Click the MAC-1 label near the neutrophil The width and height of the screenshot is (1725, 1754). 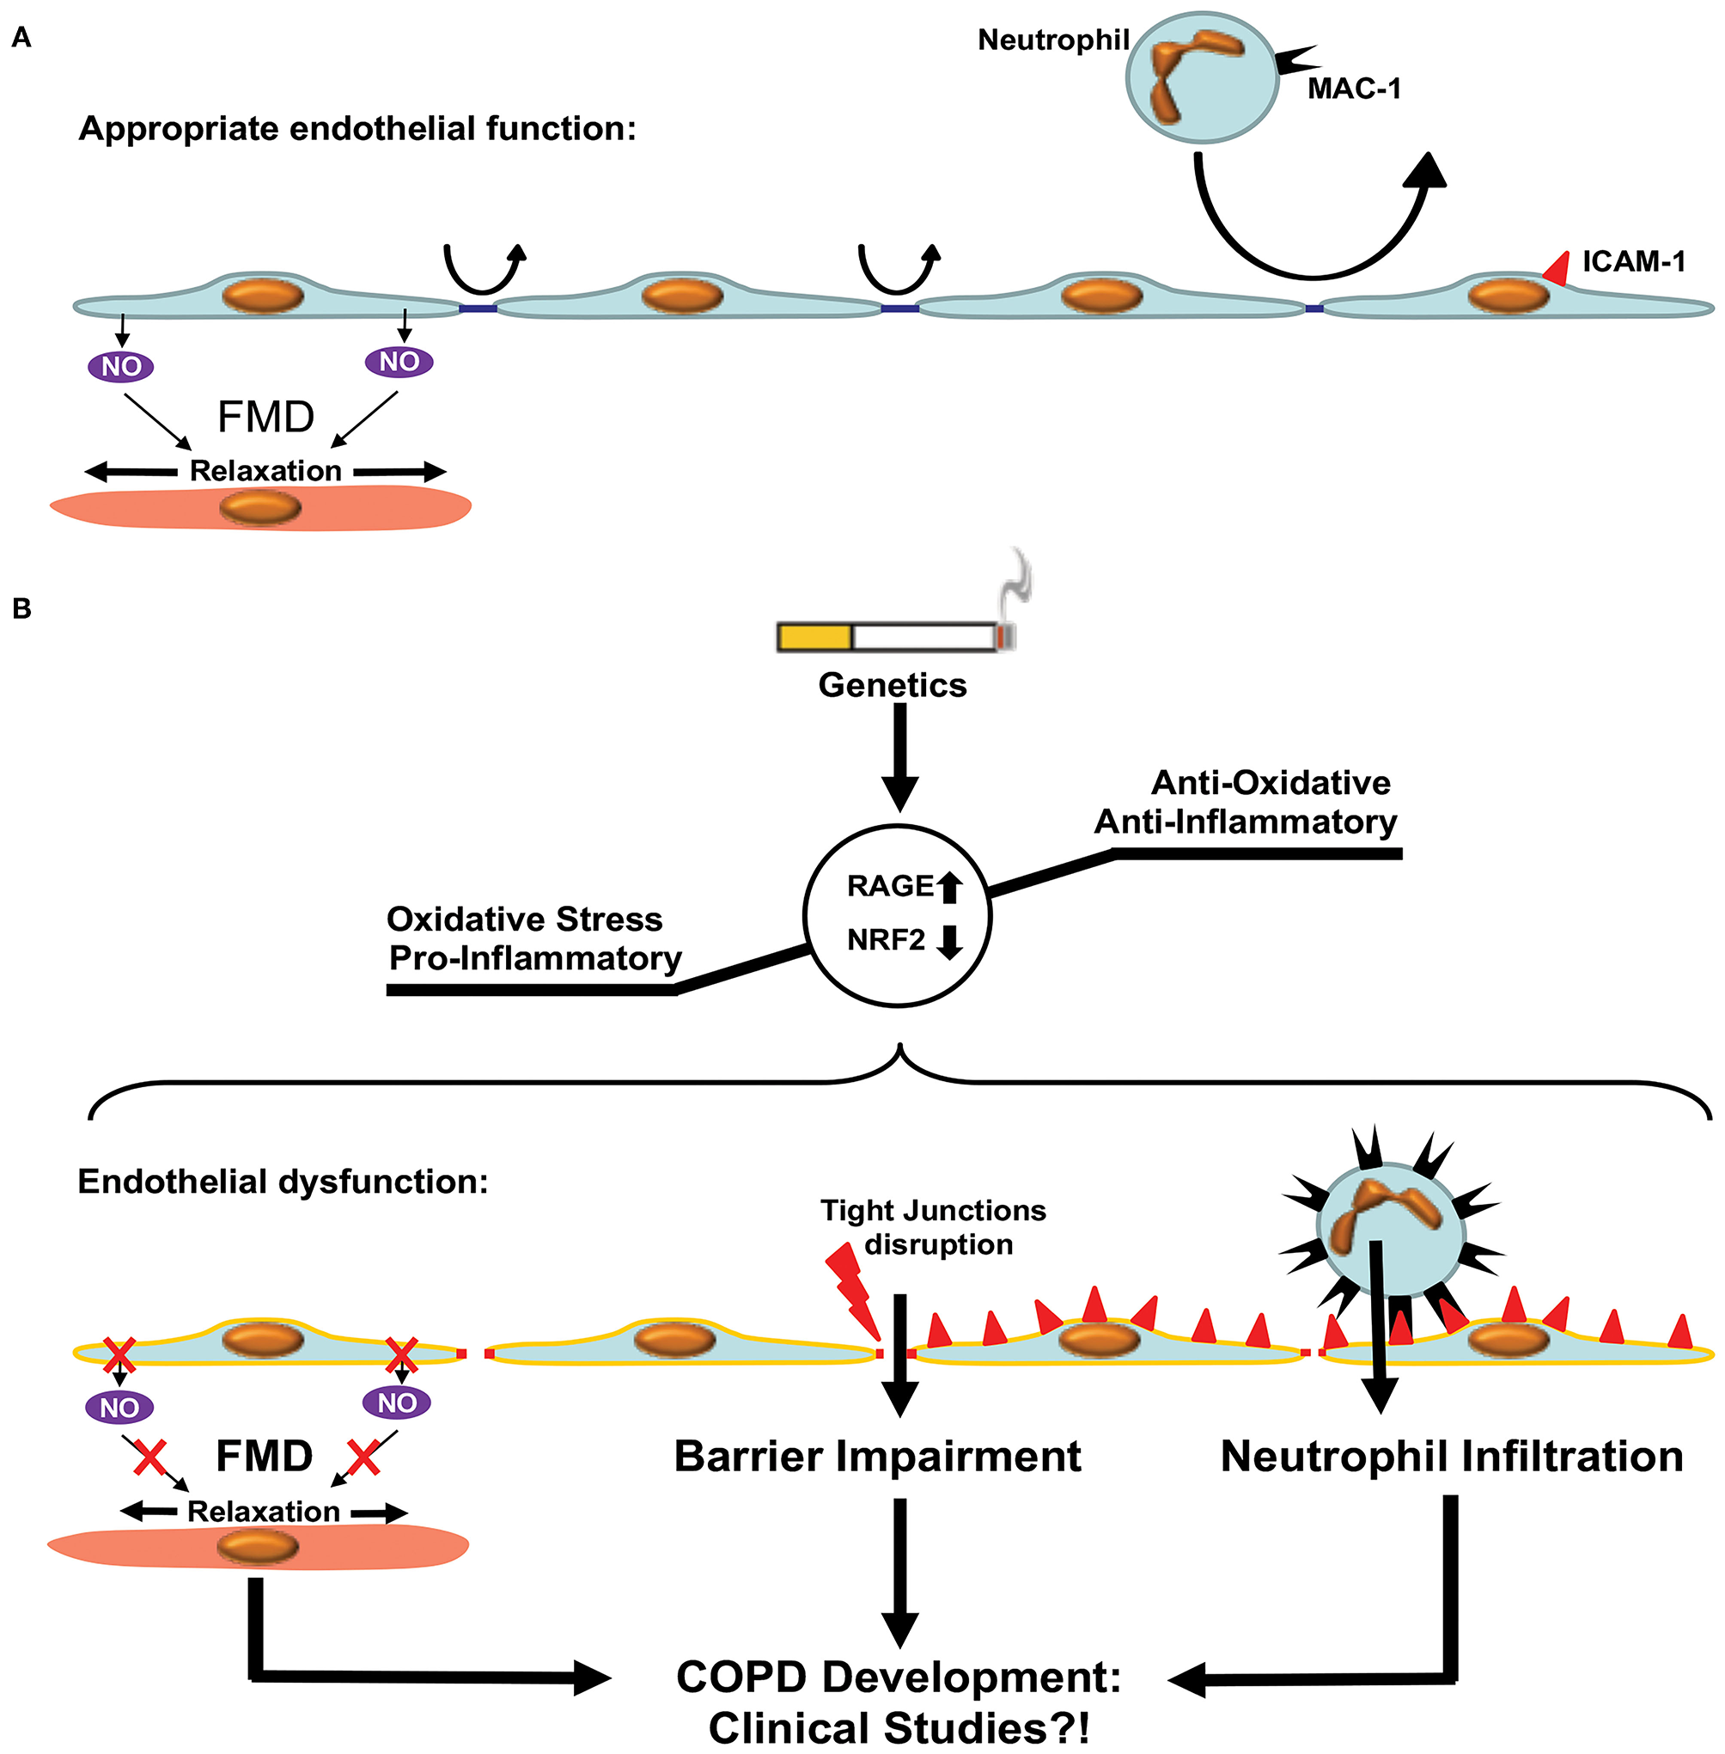tap(1354, 89)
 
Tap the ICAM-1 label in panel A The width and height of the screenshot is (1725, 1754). tap(1633, 262)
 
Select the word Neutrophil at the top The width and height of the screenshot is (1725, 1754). tap(1052, 40)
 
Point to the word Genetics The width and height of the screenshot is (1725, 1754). tap(893, 685)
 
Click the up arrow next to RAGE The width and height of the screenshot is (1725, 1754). tap(948, 886)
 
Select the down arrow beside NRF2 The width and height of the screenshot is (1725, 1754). tap(948, 943)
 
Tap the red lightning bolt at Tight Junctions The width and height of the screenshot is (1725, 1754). tap(850, 1293)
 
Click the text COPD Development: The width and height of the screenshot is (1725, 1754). tap(899, 1677)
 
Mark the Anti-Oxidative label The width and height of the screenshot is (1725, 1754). tap(1271, 782)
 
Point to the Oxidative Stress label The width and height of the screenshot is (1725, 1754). tap(525, 920)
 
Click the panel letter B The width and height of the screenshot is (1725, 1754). tap(21, 609)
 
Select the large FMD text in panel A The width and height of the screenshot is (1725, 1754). tap(265, 418)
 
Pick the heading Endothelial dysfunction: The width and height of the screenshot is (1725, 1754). tap(283, 1182)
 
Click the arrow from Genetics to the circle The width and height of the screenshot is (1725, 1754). tap(899, 758)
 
